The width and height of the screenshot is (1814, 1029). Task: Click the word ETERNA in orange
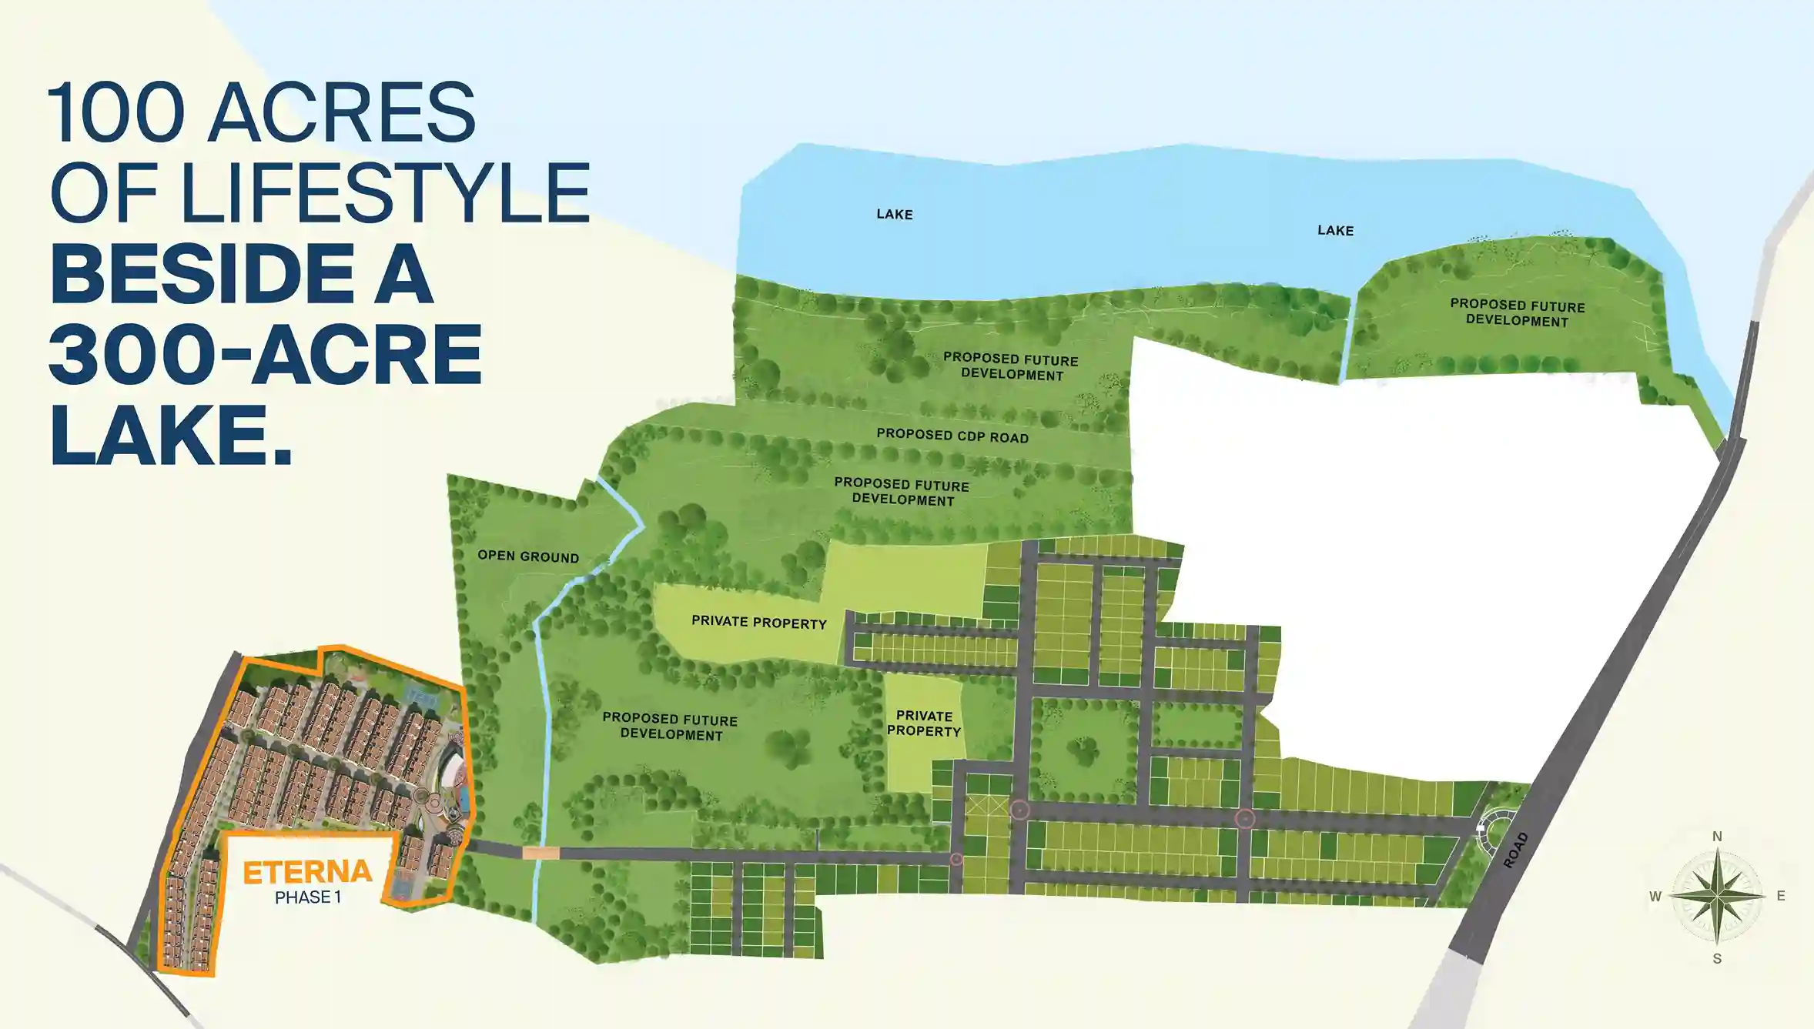pyautogui.click(x=307, y=872)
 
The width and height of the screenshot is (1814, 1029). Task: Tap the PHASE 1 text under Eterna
pyautogui.click(x=307, y=897)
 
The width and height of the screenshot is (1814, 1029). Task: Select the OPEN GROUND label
pyautogui.click(x=528, y=556)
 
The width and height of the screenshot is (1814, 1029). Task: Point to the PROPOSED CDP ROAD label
pyautogui.click(x=952, y=436)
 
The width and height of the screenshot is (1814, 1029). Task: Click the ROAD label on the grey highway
pyautogui.click(x=1515, y=850)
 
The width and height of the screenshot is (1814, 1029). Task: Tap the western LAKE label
pyautogui.click(x=895, y=214)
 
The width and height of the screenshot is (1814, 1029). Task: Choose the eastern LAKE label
pyautogui.click(x=1335, y=230)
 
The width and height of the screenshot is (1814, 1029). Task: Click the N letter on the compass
pyautogui.click(x=1717, y=837)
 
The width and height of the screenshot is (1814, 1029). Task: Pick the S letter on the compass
pyautogui.click(x=1717, y=959)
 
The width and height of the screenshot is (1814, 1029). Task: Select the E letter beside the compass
pyautogui.click(x=1781, y=896)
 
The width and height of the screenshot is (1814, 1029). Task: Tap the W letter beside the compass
pyautogui.click(x=1655, y=897)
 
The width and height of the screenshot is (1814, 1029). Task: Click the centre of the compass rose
pyautogui.click(x=1717, y=897)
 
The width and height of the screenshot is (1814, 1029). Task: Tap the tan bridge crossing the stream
pyautogui.click(x=541, y=853)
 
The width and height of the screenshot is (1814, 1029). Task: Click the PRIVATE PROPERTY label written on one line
pyautogui.click(x=758, y=622)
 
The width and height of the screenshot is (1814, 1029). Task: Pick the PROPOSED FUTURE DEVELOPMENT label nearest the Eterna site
pyautogui.click(x=671, y=727)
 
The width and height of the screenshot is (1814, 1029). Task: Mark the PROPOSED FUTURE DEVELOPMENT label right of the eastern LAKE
pyautogui.click(x=1517, y=312)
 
